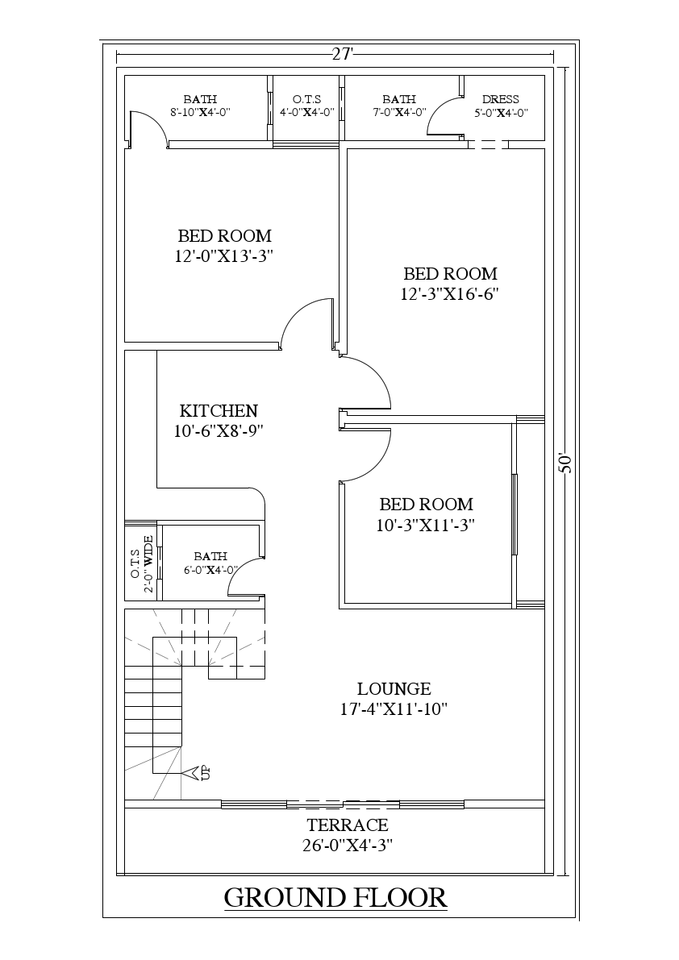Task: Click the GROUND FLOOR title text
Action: pyautogui.click(x=335, y=897)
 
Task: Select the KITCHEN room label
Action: pyautogui.click(x=219, y=410)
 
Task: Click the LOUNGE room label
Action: pyautogui.click(x=394, y=688)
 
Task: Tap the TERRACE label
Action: pyautogui.click(x=348, y=825)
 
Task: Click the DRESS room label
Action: pyautogui.click(x=500, y=100)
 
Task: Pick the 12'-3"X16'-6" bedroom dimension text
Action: pyautogui.click(x=450, y=294)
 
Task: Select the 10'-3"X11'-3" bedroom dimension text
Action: pyautogui.click(x=426, y=525)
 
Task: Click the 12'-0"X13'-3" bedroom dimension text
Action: pyautogui.click(x=224, y=256)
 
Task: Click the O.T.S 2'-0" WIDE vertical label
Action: pyautogui.click(x=142, y=563)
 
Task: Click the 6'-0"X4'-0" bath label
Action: pyautogui.click(x=210, y=570)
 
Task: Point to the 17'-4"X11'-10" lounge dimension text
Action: pyautogui.click(x=394, y=709)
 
